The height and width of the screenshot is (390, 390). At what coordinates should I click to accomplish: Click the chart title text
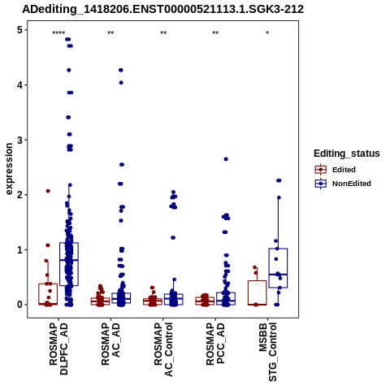click(x=162, y=10)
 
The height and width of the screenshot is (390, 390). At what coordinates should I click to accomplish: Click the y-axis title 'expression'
click(x=9, y=169)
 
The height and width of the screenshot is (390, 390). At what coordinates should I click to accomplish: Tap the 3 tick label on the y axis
click(x=20, y=140)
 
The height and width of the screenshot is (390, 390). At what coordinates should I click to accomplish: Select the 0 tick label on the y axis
click(x=20, y=305)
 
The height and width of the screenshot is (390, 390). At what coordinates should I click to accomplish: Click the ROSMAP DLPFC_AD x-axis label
click(x=58, y=349)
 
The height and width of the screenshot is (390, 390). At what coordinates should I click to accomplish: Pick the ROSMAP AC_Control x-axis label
click(x=163, y=349)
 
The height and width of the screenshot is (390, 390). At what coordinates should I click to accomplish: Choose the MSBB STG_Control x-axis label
click(x=267, y=352)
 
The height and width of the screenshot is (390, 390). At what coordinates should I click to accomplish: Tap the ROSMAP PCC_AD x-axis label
click(x=215, y=344)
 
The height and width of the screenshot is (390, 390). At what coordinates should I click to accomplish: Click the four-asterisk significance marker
click(x=58, y=33)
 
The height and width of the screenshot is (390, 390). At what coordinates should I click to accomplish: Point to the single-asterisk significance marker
click(x=267, y=33)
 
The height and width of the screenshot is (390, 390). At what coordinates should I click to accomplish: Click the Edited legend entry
click(x=336, y=170)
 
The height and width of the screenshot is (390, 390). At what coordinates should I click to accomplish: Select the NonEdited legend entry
click(x=343, y=184)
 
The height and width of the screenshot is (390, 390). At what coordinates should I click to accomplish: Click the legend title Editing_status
click(x=347, y=154)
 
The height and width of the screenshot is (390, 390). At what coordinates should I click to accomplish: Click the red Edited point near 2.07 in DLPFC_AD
click(x=48, y=191)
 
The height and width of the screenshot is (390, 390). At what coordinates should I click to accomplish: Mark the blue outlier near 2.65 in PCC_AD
click(x=226, y=159)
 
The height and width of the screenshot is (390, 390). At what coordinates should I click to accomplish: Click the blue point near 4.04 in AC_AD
click(x=121, y=83)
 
